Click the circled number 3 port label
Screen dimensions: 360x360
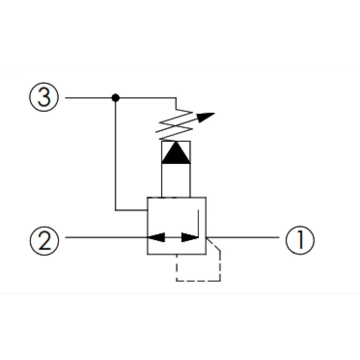[44, 97]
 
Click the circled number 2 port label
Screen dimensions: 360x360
[44, 240]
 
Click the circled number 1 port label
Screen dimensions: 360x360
[300, 240]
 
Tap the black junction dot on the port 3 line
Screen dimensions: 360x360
[115, 98]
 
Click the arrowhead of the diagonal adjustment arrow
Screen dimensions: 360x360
[206, 117]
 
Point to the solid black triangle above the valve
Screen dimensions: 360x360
[176, 153]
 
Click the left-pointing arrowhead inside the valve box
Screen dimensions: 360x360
[156, 237]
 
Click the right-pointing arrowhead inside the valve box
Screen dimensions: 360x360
[189, 237]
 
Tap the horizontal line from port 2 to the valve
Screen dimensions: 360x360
[106, 237]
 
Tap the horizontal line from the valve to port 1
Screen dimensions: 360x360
[243, 237]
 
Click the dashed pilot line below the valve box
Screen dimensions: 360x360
[199, 281]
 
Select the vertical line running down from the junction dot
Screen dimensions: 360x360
[115, 154]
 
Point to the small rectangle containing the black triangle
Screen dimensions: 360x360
[176, 153]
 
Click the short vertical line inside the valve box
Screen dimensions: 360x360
[198, 223]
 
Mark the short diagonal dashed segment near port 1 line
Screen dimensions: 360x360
[213, 244]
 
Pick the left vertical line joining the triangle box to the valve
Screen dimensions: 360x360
[162, 180]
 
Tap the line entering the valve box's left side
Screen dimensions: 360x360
[131, 210]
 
